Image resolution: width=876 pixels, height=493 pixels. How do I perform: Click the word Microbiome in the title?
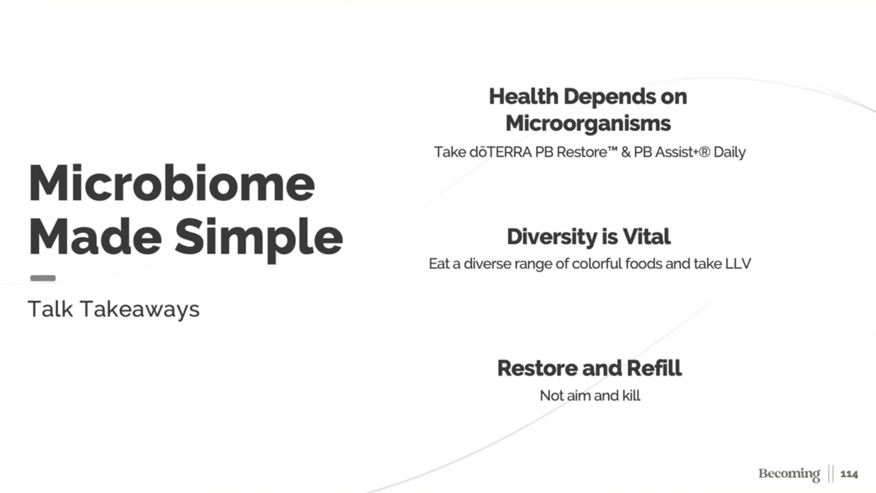pyautogui.click(x=172, y=183)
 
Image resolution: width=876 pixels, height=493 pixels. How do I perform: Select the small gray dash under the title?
pyautogui.click(x=43, y=278)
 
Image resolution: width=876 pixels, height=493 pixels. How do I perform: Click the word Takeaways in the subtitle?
pyautogui.click(x=140, y=309)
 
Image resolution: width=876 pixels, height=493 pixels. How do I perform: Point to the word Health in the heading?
pyautogui.click(x=524, y=96)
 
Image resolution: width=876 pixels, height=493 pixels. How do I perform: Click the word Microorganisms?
pyautogui.click(x=588, y=124)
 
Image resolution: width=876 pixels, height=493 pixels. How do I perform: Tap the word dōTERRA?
pyautogui.click(x=500, y=152)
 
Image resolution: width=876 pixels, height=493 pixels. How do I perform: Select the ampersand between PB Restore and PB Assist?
pyautogui.click(x=626, y=152)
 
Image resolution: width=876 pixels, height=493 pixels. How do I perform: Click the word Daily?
pyautogui.click(x=729, y=153)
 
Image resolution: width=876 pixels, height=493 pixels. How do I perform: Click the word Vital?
pyautogui.click(x=646, y=237)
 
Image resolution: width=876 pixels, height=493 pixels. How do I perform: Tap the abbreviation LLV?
pyautogui.click(x=738, y=264)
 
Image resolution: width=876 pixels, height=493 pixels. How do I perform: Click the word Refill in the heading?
pyautogui.click(x=654, y=368)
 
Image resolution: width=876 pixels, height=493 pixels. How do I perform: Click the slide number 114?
pyautogui.click(x=849, y=474)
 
